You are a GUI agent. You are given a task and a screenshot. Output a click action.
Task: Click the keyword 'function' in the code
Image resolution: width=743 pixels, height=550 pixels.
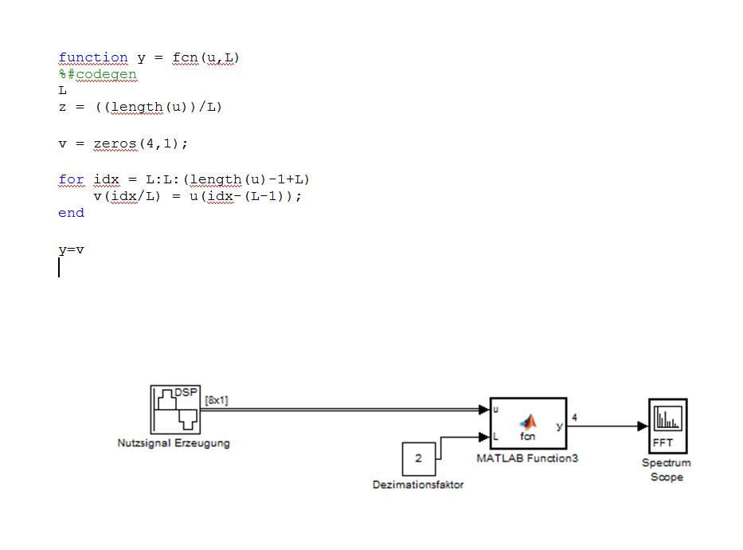pos(92,57)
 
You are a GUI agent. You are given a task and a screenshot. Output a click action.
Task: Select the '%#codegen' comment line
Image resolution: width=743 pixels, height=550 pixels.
pos(97,74)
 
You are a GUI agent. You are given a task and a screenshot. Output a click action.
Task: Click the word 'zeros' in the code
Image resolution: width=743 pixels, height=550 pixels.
pos(110,143)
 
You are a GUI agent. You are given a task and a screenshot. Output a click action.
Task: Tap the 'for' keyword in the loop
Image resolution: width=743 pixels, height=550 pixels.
pos(71,179)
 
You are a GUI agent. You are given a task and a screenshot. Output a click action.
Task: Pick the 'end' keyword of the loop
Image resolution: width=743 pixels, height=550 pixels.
pos(71,213)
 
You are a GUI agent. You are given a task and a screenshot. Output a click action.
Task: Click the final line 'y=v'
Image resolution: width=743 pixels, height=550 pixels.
pos(71,249)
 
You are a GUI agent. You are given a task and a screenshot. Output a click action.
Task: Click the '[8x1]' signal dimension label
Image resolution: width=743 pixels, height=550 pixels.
pos(217,400)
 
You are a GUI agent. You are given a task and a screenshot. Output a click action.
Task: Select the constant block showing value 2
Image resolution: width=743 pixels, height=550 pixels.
pos(418,458)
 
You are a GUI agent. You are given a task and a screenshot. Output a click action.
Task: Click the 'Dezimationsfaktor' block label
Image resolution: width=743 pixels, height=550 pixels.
pos(418,484)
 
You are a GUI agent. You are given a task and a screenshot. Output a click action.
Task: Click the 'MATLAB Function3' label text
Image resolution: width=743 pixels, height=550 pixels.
pos(527,458)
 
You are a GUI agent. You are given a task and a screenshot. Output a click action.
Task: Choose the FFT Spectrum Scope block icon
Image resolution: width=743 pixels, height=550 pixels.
pos(667,426)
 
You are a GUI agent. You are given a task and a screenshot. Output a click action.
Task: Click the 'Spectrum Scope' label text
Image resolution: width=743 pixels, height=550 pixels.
pos(667,469)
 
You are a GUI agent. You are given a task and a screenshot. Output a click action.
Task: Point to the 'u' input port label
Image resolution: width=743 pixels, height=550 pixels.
pos(497,410)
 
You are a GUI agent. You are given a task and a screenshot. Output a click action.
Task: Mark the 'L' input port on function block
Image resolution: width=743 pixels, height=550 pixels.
pos(497,437)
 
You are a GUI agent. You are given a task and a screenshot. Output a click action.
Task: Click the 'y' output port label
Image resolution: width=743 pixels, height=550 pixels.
pos(559,426)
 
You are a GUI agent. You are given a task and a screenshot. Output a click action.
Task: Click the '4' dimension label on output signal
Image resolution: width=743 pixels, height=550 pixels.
pos(575,417)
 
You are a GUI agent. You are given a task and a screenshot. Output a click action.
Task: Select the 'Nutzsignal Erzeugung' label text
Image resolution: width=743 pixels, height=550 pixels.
pos(174,443)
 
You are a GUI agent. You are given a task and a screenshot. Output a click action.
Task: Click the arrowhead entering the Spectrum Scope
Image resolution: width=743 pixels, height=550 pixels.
pos(643,426)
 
